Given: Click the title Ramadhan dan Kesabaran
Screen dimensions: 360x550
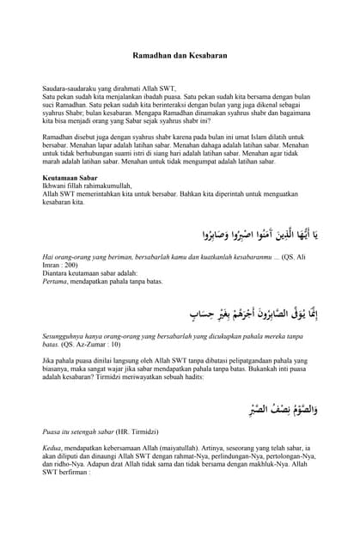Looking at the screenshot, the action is [x=180, y=55].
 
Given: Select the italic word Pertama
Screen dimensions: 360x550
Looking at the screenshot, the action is [x=55, y=281].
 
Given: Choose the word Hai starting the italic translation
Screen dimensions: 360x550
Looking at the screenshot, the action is [x=48, y=257].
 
